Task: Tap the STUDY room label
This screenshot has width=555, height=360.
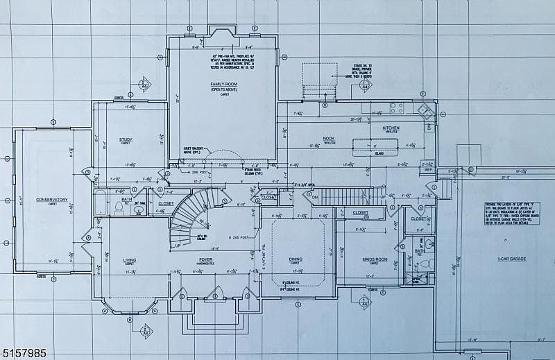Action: pos(126,139)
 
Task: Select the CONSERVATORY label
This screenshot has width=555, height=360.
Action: pos(53,200)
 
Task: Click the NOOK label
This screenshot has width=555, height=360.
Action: pos(328,138)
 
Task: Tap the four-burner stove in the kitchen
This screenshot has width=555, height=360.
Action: pos(397,108)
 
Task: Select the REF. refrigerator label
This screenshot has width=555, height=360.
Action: pos(429,169)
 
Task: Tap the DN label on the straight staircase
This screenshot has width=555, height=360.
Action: pos(314,198)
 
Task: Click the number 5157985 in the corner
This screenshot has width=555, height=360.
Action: pos(24,353)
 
